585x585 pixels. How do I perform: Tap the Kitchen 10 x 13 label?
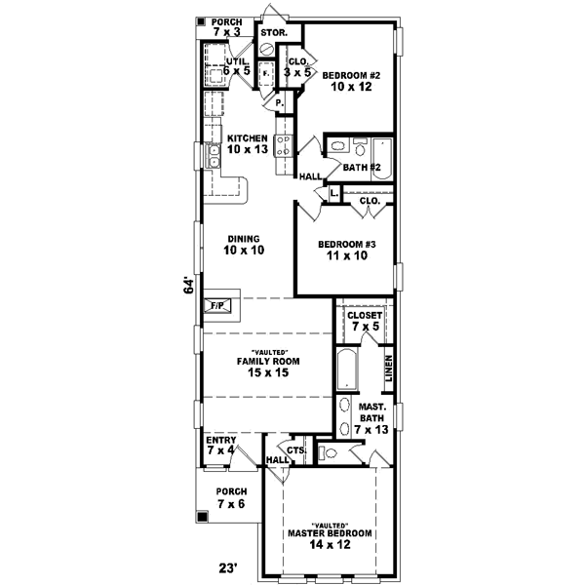[x=248, y=143]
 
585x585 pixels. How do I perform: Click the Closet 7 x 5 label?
[x=363, y=321]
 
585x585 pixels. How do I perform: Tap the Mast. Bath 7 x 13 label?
[x=371, y=417]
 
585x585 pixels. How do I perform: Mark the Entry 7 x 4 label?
[x=220, y=445]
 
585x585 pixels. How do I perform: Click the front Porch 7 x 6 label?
[x=231, y=497]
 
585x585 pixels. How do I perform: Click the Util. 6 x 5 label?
[x=237, y=66]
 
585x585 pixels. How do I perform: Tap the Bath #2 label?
[x=361, y=168]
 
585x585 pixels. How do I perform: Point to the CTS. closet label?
[x=297, y=450]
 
